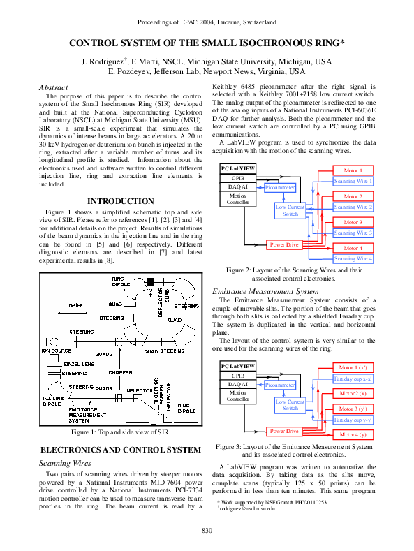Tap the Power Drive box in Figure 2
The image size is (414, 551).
click(x=286, y=244)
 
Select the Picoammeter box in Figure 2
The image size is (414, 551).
click(x=281, y=188)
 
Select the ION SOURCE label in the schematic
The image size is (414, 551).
click(x=57, y=351)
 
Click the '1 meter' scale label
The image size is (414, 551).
click(x=72, y=306)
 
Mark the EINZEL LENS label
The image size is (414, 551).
click(x=77, y=365)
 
